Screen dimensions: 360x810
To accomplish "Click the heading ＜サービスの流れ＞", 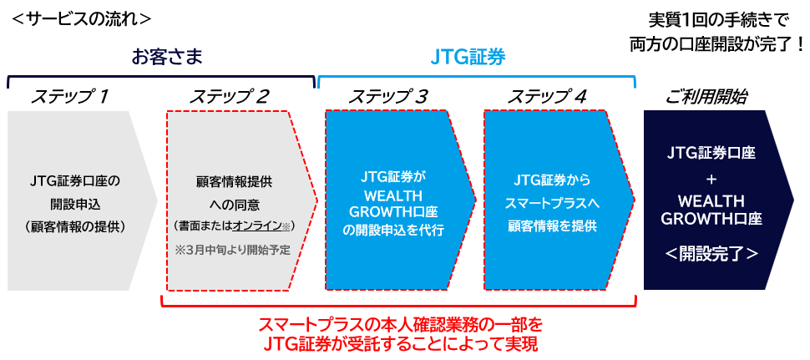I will click(x=82, y=18).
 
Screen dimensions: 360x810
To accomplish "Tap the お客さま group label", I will click(x=167, y=58).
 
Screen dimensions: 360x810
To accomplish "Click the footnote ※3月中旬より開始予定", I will click(x=232, y=249).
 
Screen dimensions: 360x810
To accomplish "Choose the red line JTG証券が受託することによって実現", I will click(x=400, y=343).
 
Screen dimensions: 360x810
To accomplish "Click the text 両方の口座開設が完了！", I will click(x=716, y=46).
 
